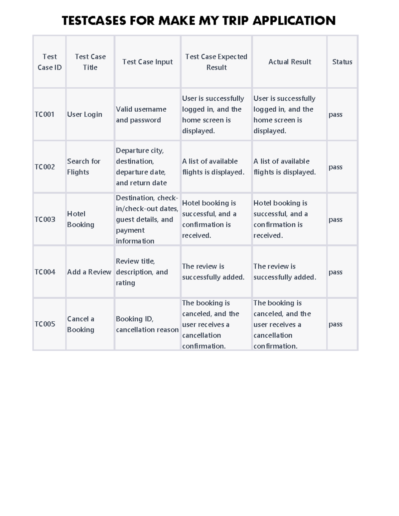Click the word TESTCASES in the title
(94, 21)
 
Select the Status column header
(342, 62)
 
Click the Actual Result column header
(290, 62)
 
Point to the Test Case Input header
(147, 62)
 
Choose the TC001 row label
(45, 115)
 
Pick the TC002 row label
(45, 167)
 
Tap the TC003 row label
(45, 219)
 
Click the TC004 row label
(45, 272)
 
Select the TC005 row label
(45, 324)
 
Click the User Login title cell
(84, 115)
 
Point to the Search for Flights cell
(83, 167)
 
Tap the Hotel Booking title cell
(80, 219)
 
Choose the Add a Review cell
(89, 272)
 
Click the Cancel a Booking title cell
(80, 324)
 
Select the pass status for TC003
(335, 220)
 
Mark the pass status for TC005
(335, 324)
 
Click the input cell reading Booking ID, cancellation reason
(147, 324)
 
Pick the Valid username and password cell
(141, 115)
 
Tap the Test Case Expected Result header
(216, 62)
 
